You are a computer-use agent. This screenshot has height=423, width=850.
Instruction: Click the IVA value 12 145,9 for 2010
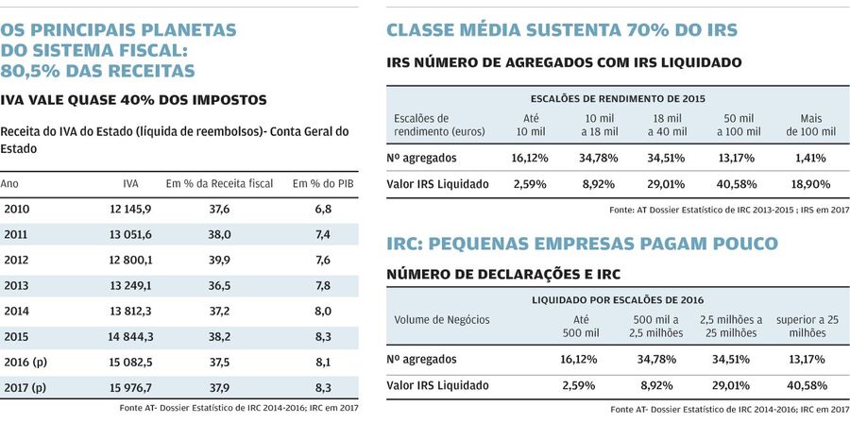131,209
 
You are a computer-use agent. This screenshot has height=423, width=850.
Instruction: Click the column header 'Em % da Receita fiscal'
219,182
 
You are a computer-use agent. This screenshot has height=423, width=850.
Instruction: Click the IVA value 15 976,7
131,387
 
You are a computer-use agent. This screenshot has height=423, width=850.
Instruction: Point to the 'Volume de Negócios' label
438,319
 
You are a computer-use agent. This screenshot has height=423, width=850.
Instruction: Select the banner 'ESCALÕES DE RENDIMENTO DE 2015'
618,98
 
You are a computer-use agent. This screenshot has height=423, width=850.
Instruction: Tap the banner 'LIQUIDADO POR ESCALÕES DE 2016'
618,299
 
